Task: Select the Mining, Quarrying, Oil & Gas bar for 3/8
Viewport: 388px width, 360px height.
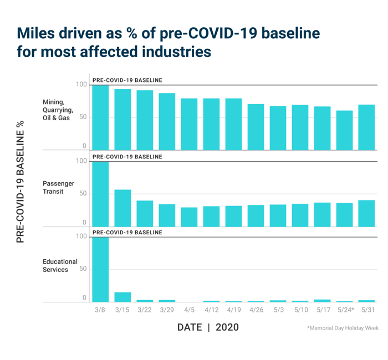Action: click(x=100, y=117)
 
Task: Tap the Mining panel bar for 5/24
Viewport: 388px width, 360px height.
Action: click(x=344, y=131)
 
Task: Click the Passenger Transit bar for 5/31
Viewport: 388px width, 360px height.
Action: click(x=366, y=213)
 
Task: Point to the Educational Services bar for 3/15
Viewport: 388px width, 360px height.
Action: click(x=122, y=297)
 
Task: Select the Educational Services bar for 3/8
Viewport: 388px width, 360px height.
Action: click(x=100, y=270)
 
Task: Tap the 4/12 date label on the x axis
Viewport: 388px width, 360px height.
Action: click(x=211, y=310)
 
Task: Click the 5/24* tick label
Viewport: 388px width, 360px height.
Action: click(x=345, y=310)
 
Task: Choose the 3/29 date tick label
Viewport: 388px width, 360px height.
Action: click(x=167, y=310)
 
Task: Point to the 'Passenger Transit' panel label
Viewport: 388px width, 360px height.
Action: click(x=58, y=188)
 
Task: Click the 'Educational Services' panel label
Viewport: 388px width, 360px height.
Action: click(x=60, y=266)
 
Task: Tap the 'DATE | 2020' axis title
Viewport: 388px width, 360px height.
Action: click(x=208, y=327)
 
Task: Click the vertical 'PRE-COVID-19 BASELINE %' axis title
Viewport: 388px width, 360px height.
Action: click(x=20, y=182)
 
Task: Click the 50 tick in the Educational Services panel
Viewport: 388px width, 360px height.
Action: click(x=83, y=269)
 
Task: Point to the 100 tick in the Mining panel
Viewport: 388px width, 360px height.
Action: click(x=81, y=84)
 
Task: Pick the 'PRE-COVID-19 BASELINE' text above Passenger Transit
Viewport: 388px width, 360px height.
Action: click(x=127, y=157)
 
